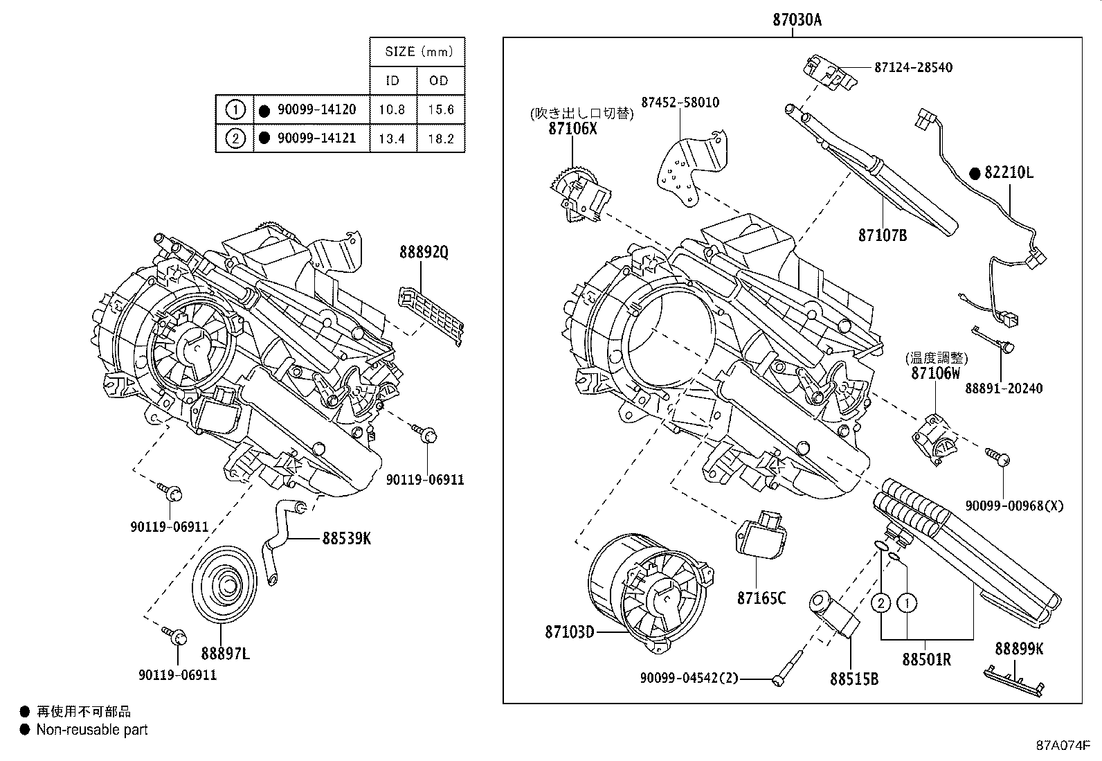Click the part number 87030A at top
(797, 20)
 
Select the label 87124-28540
(913, 67)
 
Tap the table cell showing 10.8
(392, 109)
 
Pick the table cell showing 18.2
(440, 138)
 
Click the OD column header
(439, 80)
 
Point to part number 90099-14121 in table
(316, 138)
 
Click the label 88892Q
(424, 253)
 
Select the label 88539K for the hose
(346, 538)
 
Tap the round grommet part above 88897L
(222, 585)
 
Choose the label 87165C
(761, 598)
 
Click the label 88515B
(854, 679)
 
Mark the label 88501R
(926, 660)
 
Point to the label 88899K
(1019, 649)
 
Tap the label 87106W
(936, 373)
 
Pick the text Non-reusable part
(92, 729)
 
